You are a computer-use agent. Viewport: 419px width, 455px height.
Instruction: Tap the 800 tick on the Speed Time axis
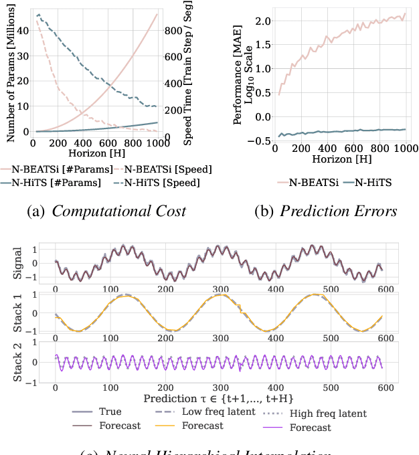(172, 30)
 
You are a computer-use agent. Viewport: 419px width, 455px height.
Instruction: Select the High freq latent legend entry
(329, 414)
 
